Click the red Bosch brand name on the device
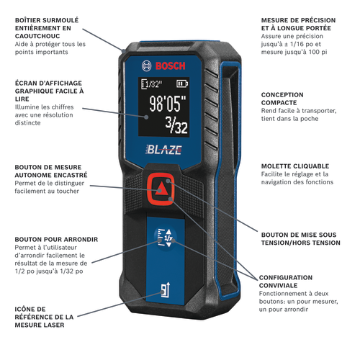pos(171,66)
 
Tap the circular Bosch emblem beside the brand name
pos(147,66)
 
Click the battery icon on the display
pos(182,84)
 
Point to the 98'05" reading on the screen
pos(168,104)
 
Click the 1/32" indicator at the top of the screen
pos(151,84)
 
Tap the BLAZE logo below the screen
pos(163,150)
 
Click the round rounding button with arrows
pos(166,238)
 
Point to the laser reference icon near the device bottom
pos(166,289)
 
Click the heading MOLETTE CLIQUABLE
pos(295,166)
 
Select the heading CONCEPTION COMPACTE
pos(282,99)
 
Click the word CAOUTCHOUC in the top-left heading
pos(37,36)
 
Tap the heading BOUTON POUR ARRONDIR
pos(56,240)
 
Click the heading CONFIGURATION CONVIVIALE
pos(286,282)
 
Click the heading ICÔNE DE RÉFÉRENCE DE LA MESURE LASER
pos(44,317)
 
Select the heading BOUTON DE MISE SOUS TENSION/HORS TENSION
pos(301,239)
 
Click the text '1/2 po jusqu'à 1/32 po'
pos(49,271)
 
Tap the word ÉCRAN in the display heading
pos(25,84)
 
